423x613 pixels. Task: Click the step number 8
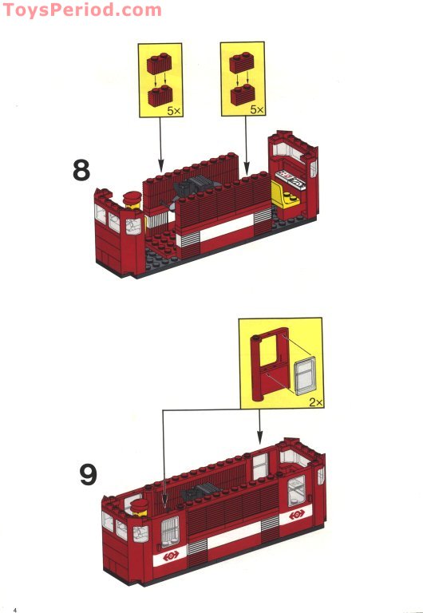click(81, 171)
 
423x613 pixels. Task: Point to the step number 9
click(88, 474)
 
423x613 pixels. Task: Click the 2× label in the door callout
click(313, 404)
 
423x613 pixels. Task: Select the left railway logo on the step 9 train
click(171, 556)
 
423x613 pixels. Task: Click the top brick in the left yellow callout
click(159, 62)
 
